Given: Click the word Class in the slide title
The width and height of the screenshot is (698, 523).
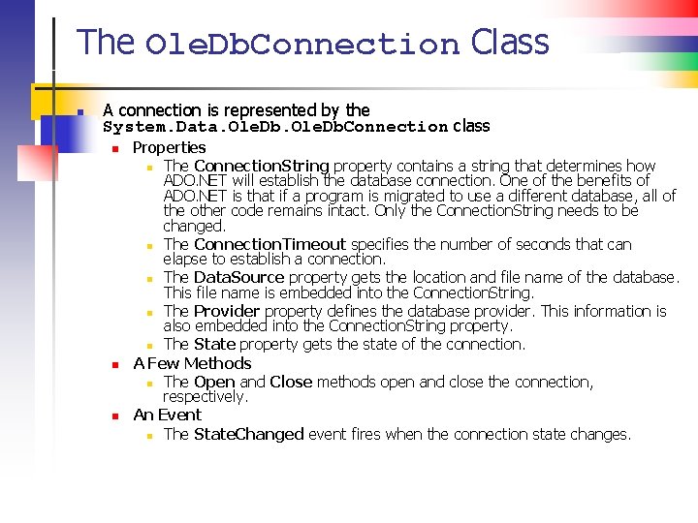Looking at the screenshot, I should pyautogui.click(x=510, y=43).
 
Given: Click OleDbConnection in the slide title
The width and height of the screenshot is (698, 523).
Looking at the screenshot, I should pyautogui.click(x=301, y=45).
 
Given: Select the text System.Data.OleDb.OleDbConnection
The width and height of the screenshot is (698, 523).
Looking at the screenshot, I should pyautogui.click(x=275, y=127).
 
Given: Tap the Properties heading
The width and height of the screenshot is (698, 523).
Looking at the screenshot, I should pyautogui.click(x=169, y=147).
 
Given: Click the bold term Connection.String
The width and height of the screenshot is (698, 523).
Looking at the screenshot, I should pyautogui.click(x=262, y=166).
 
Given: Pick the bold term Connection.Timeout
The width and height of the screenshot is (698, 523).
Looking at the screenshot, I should pyautogui.click(x=270, y=244).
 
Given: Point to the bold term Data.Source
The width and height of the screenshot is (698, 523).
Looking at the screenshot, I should pyautogui.click(x=239, y=277).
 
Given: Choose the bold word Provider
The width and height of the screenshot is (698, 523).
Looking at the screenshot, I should pyautogui.click(x=227, y=311).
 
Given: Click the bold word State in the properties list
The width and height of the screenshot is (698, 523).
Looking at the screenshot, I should pyautogui.click(x=214, y=344).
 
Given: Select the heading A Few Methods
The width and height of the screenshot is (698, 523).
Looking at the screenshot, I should pyautogui.click(x=192, y=363).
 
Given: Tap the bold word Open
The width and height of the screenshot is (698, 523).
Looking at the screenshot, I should pyautogui.click(x=214, y=382).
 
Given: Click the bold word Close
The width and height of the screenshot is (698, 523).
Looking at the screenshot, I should pyautogui.click(x=291, y=382).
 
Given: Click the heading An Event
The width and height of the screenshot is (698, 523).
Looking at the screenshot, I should pyautogui.click(x=167, y=415).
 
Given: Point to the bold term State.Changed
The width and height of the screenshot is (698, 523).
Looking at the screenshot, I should pyautogui.click(x=249, y=434).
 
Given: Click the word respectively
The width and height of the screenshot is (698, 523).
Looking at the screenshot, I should pyautogui.click(x=206, y=396).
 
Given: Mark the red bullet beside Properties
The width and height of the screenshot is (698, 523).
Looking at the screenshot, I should pyautogui.click(x=114, y=149).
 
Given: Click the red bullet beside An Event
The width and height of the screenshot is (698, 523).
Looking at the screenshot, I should pyautogui.click(x=114, y=416).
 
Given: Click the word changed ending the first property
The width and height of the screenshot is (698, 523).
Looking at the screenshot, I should pyautogui.click(x=194, y=226).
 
